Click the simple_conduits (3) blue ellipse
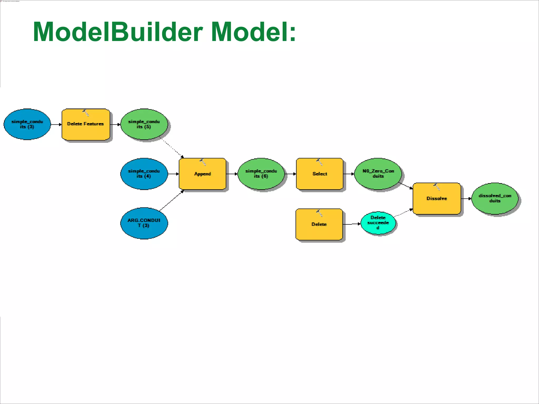tap(27, 124)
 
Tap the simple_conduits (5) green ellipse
tap(144, 124)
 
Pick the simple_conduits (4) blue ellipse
tap(144, 174)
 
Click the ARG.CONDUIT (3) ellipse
tap(144, 223)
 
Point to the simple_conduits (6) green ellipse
tap(261, 174)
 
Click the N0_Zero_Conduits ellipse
tap(378, 174)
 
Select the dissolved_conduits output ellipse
tap(495, 198)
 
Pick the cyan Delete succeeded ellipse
tap(378, 223)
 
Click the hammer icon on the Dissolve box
tap(436, 186)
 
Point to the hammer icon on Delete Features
tap(86, 113)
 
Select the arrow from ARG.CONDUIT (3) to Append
tap(172, 200)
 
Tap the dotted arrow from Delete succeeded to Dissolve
tap(403, 213)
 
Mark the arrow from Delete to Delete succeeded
tap(352, 224)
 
